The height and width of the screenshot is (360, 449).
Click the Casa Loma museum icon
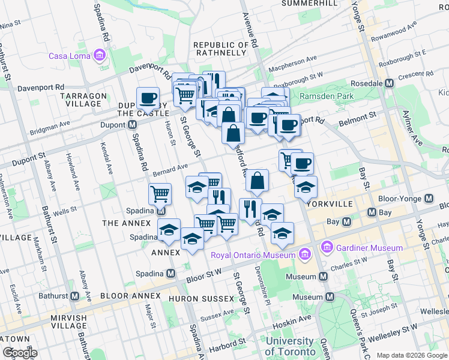tap(100, 56)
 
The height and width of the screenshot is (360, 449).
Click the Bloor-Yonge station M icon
tap(429, 199)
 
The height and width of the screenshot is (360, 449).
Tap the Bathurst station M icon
tap(75, 296)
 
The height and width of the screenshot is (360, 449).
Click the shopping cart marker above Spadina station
tap(160, 194)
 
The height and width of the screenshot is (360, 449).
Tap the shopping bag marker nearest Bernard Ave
tap(257, 181)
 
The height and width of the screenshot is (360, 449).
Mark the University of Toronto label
tap(290, 346)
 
